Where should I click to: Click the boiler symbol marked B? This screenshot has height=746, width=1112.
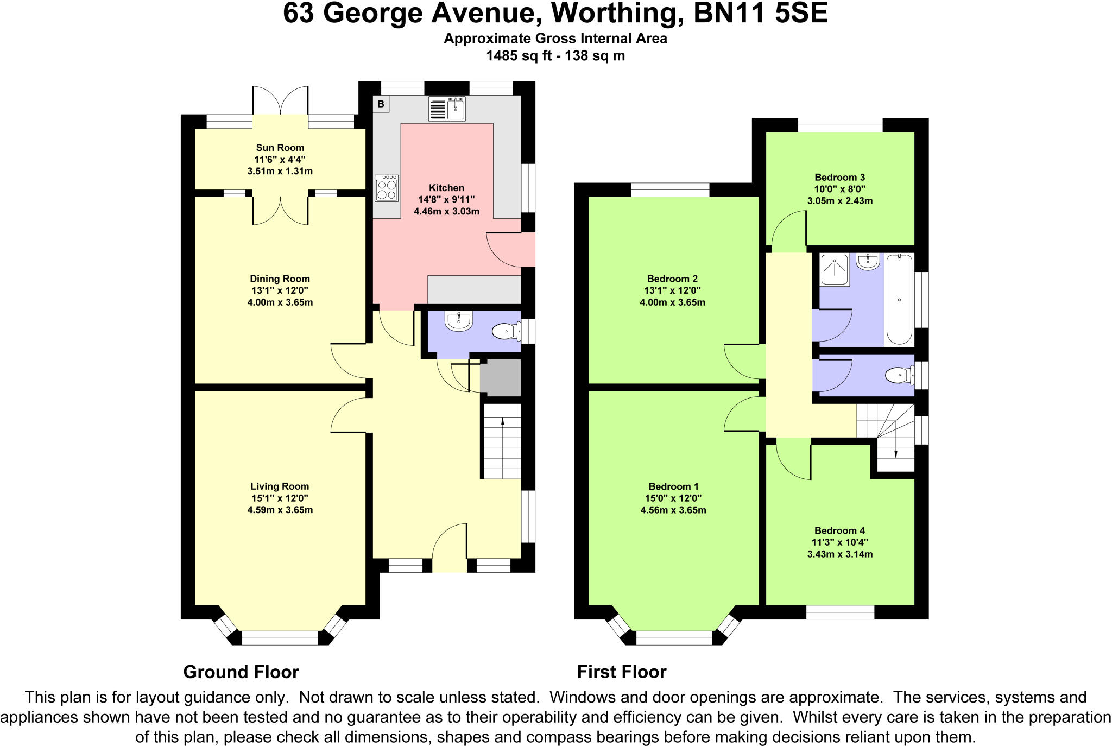381,104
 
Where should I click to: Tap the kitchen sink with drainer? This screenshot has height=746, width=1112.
447,109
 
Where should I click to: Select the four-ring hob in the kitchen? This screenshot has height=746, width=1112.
386,188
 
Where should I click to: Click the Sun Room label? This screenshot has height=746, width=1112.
280,148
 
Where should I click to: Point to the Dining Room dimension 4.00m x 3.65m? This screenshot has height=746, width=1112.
280,302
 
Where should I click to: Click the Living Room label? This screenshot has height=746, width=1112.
280,486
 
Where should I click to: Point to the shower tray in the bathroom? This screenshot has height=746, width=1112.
834,269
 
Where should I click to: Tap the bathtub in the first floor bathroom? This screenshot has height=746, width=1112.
899,299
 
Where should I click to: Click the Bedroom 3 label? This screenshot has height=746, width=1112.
839,178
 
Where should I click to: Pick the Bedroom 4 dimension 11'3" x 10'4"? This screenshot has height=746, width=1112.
839,542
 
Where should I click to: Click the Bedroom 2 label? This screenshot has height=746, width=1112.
672,279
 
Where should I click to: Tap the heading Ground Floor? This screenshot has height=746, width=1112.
241,672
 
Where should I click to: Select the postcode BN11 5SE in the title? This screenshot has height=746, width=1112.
761,14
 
